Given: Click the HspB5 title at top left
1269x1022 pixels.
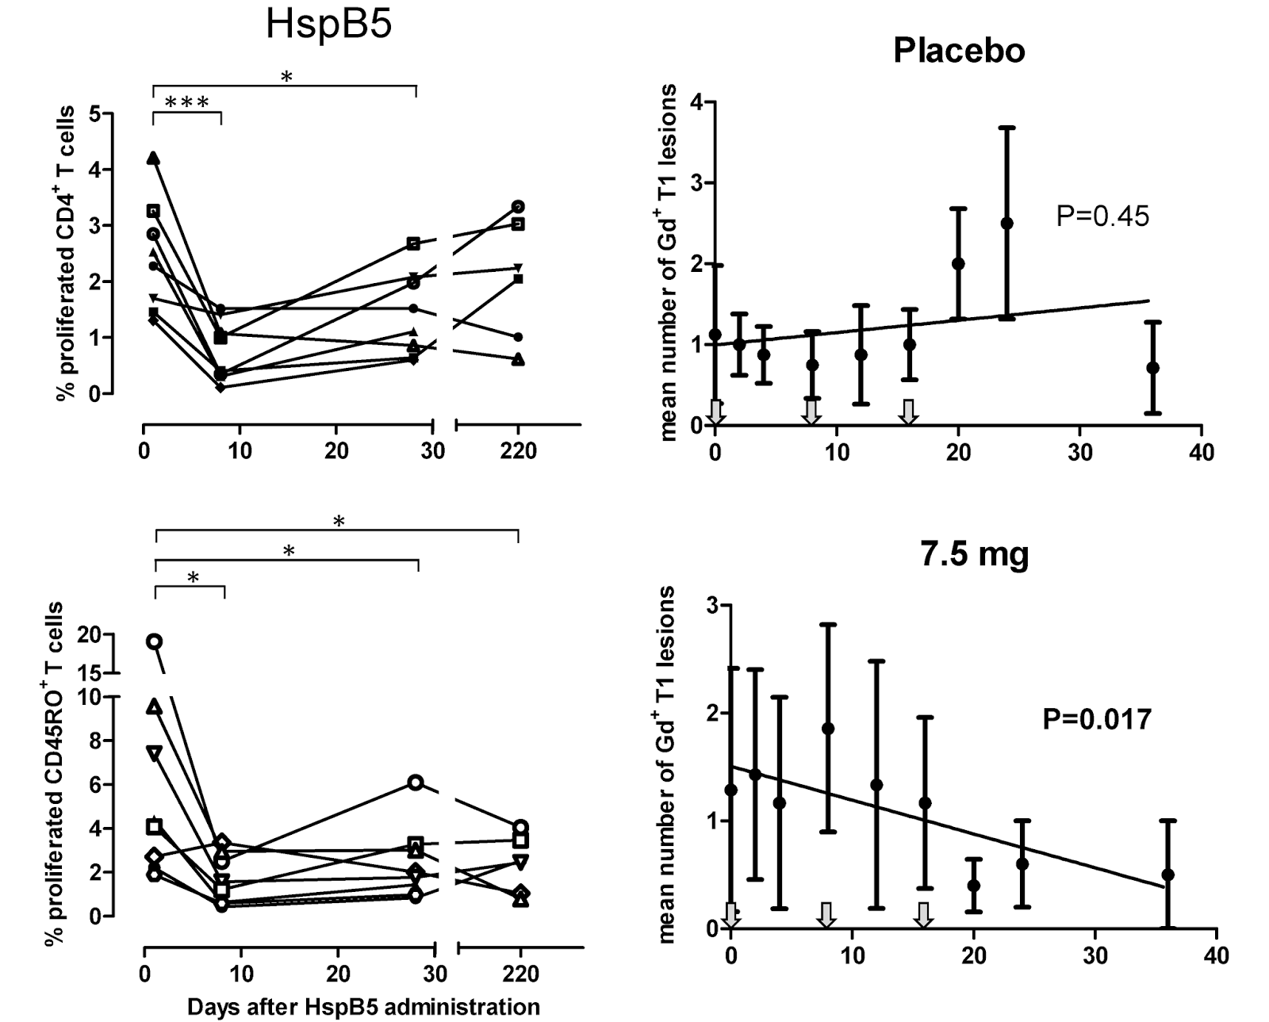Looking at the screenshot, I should [328, 25].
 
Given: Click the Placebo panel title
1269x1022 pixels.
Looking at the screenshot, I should [959, 51].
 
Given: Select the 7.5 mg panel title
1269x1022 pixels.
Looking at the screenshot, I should [975, 554].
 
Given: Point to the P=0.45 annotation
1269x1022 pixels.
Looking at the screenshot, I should [1102, 216].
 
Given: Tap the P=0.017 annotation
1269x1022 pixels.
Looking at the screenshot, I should [1097, 719].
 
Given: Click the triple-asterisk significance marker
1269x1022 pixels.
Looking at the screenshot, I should [187, 103].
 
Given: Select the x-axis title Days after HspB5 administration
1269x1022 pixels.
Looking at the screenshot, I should [364, 1007].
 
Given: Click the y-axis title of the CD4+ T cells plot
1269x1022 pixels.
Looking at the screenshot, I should [67, 254].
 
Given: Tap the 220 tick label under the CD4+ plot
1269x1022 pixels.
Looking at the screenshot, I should [519, 451].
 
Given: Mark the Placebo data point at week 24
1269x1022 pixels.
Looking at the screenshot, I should [1007, 223].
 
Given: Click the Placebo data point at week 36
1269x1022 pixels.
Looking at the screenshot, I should [1153, 368].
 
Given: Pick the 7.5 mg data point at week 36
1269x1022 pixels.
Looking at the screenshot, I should [1167, 875].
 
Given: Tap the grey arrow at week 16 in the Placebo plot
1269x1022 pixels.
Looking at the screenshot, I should [909, 411].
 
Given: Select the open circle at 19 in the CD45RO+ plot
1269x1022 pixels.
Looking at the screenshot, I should [155, 641].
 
